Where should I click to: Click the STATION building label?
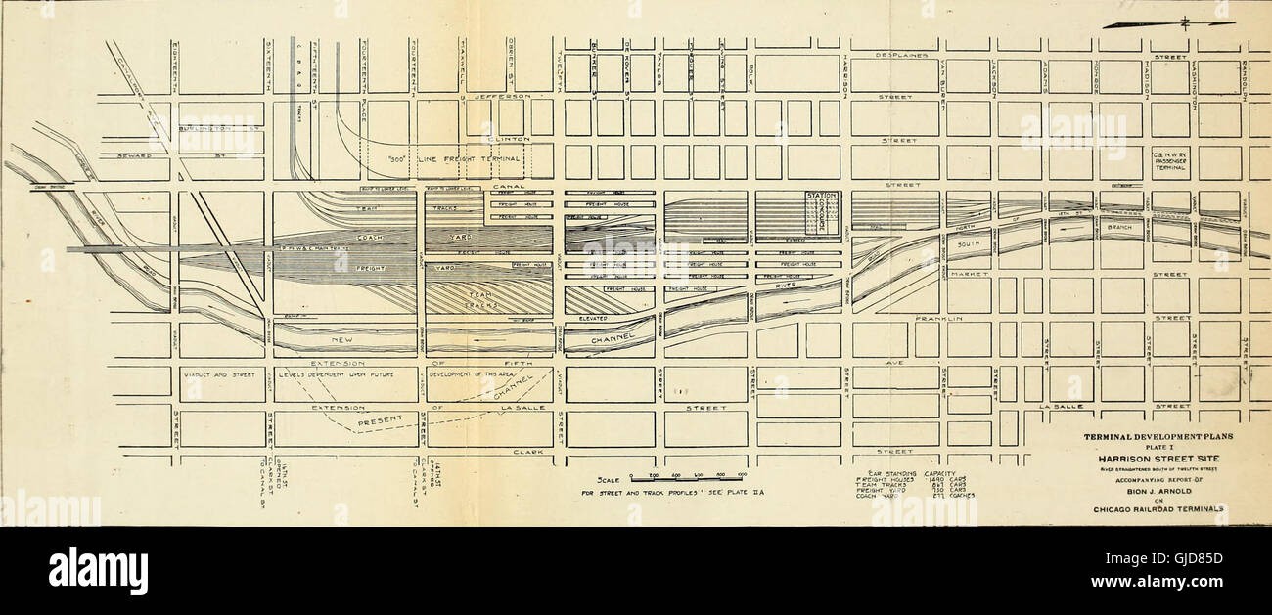pos(821,197)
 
